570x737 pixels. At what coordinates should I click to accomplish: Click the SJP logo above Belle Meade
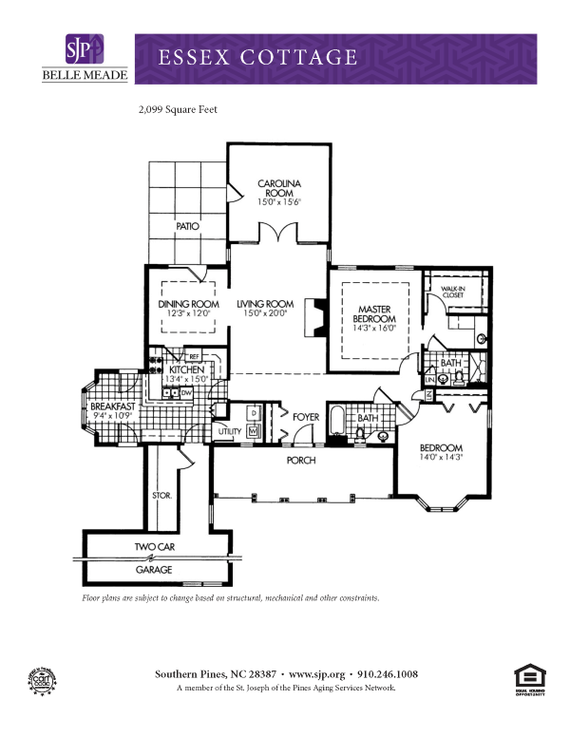84,49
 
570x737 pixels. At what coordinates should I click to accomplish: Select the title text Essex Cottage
258,57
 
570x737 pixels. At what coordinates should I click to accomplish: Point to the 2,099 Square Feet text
179,110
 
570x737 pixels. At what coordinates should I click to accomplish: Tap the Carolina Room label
279,187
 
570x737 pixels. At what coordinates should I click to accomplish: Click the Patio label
187,227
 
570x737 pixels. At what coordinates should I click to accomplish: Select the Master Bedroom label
376,314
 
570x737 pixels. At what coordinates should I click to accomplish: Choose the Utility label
230,431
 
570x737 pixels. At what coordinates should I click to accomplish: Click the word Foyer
305,416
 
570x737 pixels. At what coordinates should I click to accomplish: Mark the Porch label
301,461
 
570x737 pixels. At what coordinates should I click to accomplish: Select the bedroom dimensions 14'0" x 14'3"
441,458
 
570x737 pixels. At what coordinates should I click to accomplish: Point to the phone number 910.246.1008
386,674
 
